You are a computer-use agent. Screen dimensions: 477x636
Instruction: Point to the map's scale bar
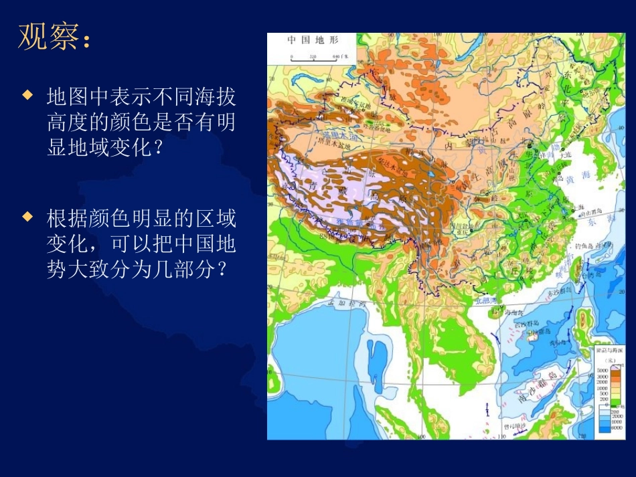point(314,56)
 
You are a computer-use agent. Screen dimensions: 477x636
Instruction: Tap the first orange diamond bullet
point(27,95)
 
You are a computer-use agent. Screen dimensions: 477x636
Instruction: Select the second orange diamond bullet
point(27,216)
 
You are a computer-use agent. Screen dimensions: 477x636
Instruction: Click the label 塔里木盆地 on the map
point(335,143)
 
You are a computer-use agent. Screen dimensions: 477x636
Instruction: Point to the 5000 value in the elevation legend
point(601,369)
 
